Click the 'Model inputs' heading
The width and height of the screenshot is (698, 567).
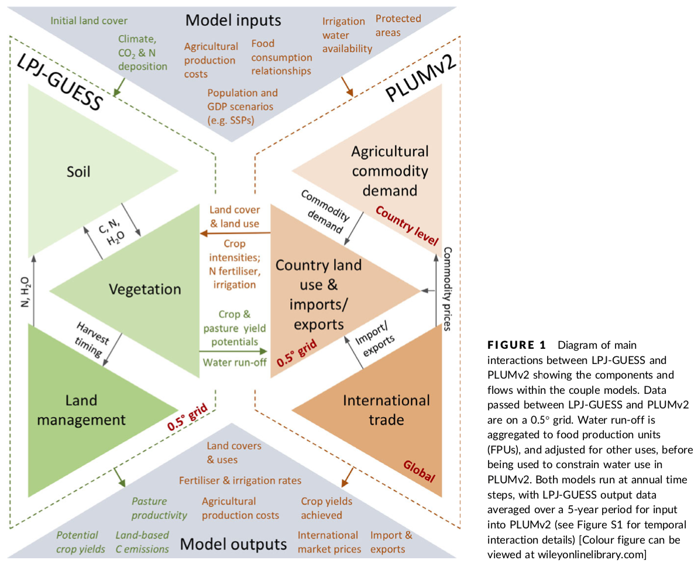click(233, 20)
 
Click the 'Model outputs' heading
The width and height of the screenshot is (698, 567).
click(233, 544)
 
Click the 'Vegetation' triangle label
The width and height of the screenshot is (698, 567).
click(145, 289)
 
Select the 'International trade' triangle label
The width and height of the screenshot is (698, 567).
click(386, 410)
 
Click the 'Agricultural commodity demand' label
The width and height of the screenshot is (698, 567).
click(390, 171)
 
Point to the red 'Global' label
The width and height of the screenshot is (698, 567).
click(419, 472)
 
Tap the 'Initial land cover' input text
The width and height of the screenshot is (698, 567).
click(89, 20)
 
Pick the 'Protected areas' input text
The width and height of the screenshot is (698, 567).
click(398, 25)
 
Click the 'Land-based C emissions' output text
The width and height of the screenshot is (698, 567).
click(142, 542)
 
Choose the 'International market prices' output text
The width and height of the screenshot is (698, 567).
click(328, 542)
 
